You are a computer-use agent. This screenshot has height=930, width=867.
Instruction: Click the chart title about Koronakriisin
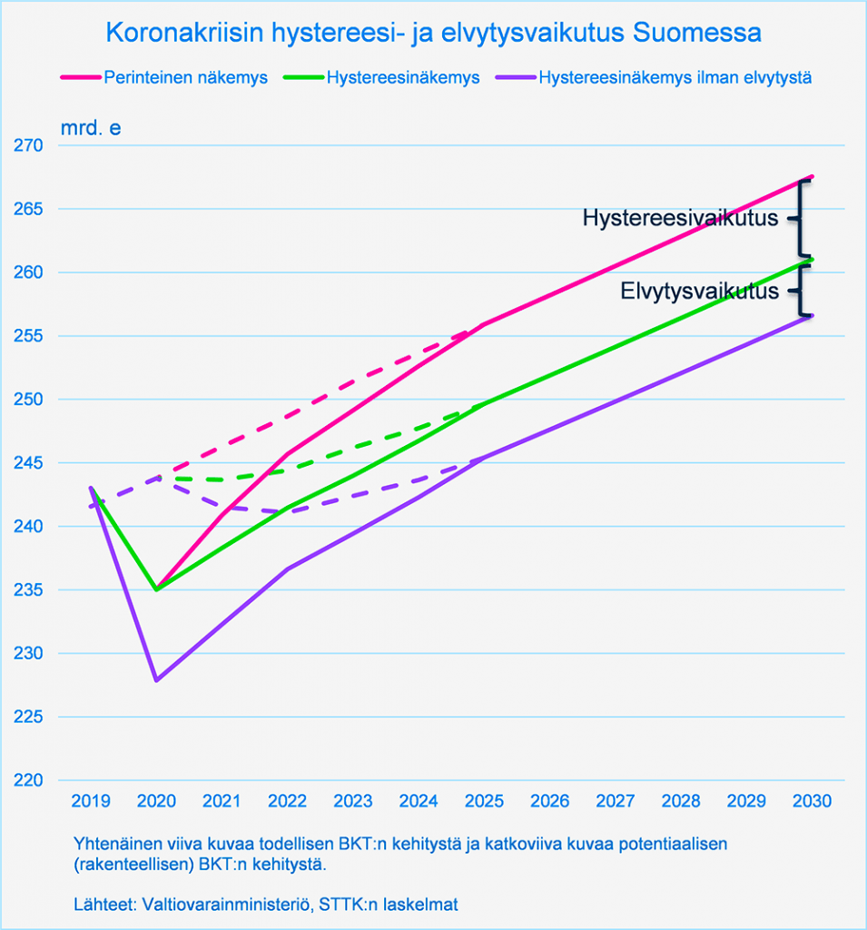tap(433, 34)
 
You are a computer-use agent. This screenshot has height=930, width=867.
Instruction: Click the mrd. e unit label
tap(90, 127)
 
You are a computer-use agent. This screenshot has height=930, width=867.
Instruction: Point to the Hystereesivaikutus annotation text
tap(680, 219)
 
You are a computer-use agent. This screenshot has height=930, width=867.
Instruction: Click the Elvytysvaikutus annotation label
tap(699, 292)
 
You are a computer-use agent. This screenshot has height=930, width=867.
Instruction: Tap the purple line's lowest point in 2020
tap(156, 679)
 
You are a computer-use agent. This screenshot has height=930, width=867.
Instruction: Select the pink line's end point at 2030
tap(812, 176)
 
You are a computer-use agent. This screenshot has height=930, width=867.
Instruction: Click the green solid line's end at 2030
tap(812, 259)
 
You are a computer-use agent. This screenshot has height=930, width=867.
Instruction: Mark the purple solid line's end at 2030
tap(812, 316)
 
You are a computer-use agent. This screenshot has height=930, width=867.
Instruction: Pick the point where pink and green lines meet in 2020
tap(156, 589)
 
